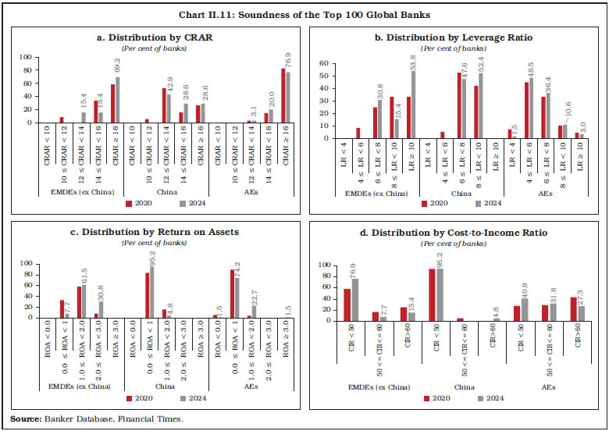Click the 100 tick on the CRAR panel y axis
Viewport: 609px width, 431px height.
point(25,57)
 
